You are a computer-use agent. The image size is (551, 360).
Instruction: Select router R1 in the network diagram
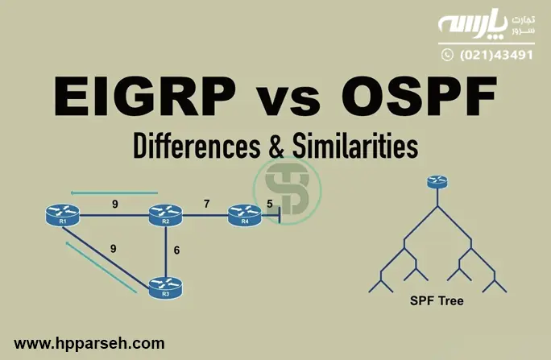pyautogui.click(x=61, y=215)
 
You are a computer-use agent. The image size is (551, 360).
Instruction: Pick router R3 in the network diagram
pyautogui.click(x=165, y=288)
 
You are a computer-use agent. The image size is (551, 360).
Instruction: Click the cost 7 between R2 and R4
pyautogui.click(x=206, y=204)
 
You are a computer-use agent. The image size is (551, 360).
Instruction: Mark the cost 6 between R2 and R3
pyautogui.click(x=176, y=250)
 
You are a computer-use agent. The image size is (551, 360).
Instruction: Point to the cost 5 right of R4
pyautogui.click(x=270, y=204)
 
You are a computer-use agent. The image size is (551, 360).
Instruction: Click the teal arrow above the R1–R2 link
pyautogui.click(x=113, y=193)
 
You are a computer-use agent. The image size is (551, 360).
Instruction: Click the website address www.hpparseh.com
pyautogui.click(x=89, y=342)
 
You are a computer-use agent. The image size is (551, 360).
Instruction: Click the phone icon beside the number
pyautogui.click(x=448, y=55)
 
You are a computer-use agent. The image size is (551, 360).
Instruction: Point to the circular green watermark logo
pyautogui.click(x=287, y=191)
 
